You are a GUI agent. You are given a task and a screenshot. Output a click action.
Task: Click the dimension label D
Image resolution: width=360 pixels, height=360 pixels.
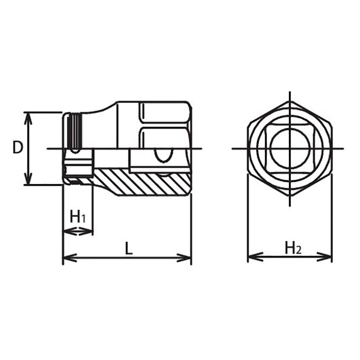tap(17, 148)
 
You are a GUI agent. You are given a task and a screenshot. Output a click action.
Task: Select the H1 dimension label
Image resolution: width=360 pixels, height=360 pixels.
tap(78, 217)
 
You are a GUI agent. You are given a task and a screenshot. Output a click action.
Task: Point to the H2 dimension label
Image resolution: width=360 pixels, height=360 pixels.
tap(292, 248)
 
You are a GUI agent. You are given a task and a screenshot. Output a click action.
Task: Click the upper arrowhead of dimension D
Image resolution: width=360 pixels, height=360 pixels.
tap(28, 116)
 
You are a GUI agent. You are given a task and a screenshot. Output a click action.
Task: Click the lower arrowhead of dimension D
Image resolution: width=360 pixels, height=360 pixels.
tap(28, 180)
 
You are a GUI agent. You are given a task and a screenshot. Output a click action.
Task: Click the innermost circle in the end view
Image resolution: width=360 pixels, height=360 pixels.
tap(290, 148)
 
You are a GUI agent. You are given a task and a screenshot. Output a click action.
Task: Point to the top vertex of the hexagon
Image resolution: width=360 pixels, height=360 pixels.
tap(290, 102)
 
